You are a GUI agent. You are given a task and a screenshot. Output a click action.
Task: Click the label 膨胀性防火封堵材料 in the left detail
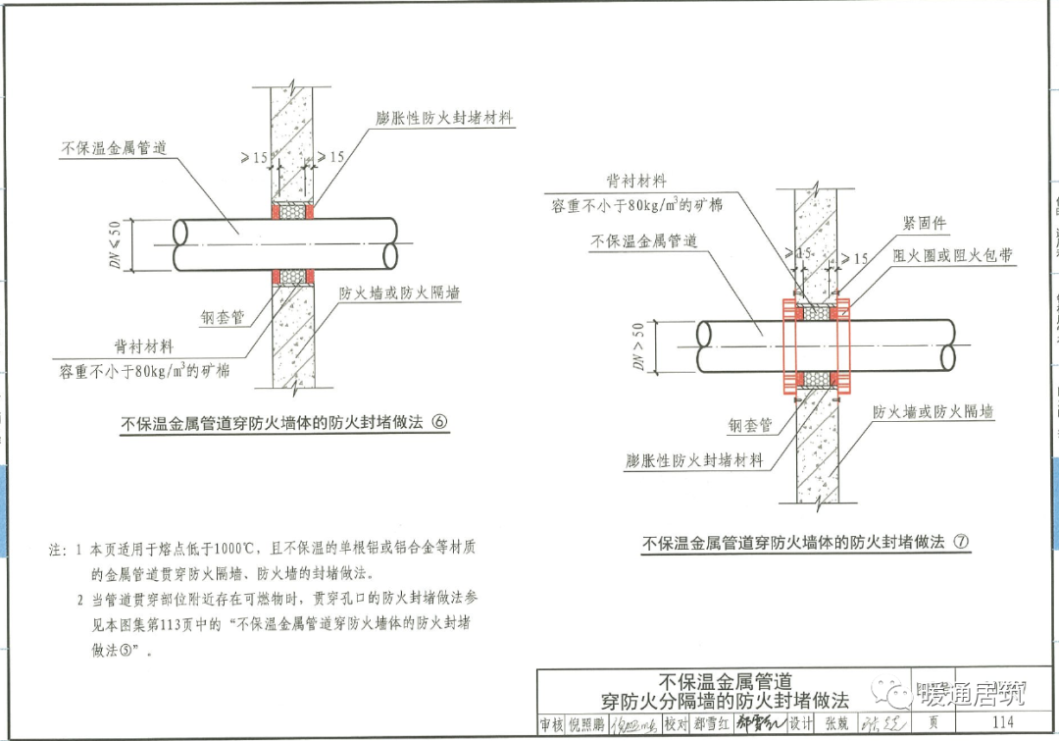(x=444, y=118)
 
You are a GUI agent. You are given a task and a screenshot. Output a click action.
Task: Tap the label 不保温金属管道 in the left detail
(x=114, y=148)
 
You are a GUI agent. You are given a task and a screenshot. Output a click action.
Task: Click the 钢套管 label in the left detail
(x=223, y=318)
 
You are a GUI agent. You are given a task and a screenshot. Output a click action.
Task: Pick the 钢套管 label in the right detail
(x=750, y=425)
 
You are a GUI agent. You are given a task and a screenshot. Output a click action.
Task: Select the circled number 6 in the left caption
(x=438, y=423)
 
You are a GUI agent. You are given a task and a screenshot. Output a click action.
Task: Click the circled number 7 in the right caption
(x=961, y=542)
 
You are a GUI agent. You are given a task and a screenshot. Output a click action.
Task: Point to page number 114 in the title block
(x=1002, y=723)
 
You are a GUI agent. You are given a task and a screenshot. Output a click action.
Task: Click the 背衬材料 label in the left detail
(x=143, y=347)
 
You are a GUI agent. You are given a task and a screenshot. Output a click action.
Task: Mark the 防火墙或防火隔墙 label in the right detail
(x=933, y=412)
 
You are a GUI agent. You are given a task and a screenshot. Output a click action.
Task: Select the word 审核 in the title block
(x=552, y=724)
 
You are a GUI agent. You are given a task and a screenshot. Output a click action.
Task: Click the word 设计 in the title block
(x=800, y=724)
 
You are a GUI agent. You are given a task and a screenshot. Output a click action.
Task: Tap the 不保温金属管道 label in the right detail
(x=644, y=240)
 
